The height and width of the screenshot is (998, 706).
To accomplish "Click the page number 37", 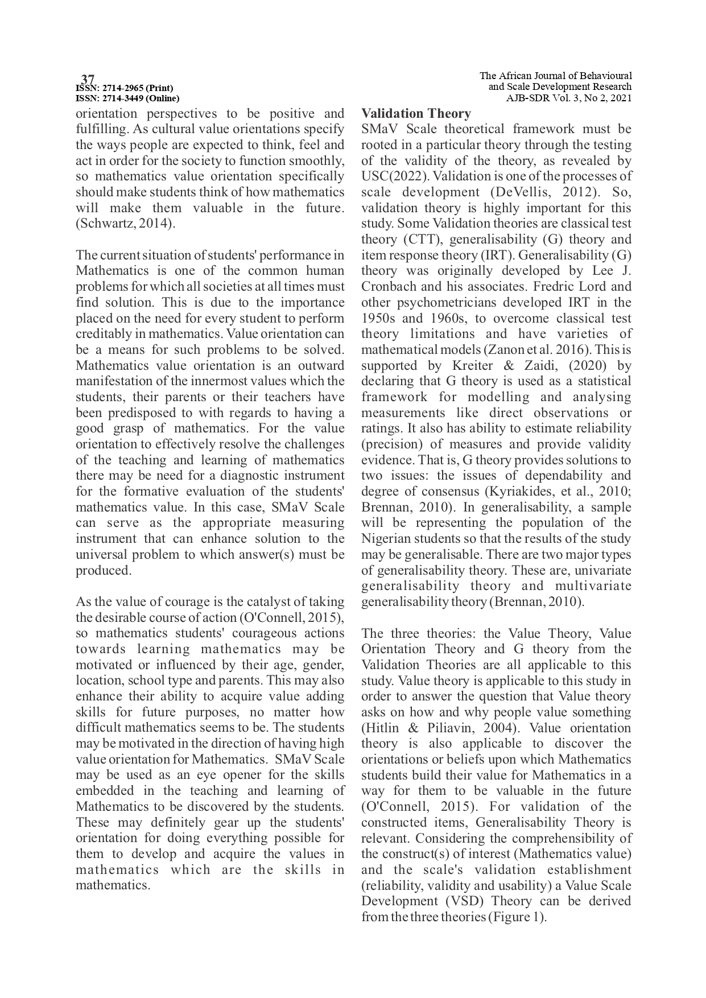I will click(88, 79).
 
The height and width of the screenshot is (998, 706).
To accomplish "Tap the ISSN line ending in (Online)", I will click(127, 98).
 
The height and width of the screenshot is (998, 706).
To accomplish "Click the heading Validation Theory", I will click(416, 114).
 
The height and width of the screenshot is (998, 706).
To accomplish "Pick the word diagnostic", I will click(243, 476).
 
